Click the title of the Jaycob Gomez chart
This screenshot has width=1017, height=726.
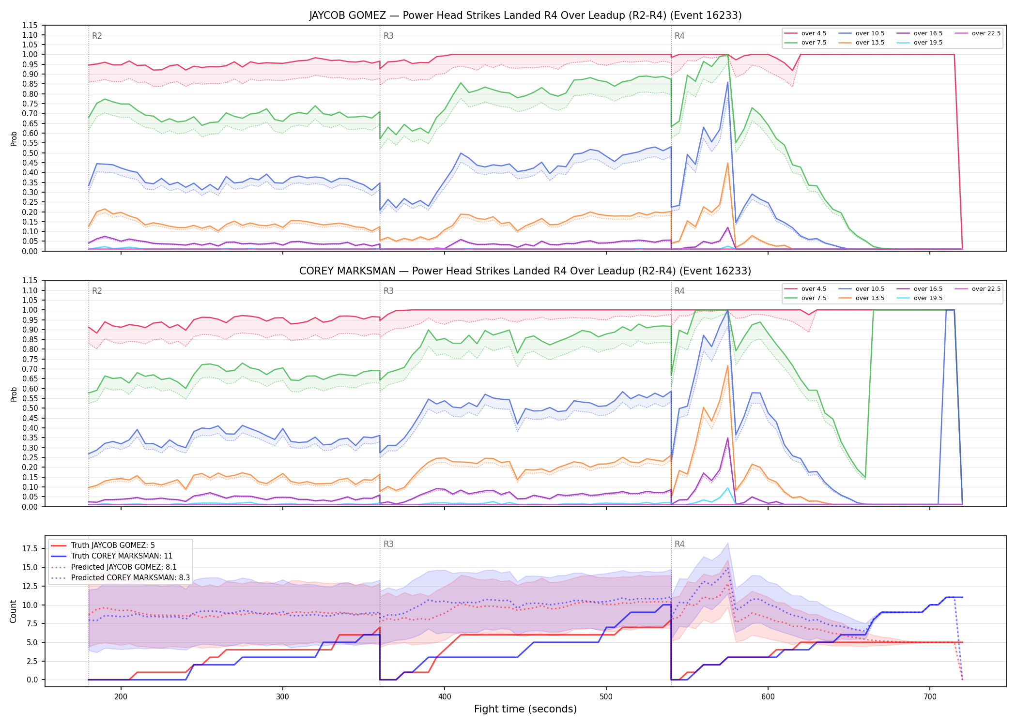(x=525, y=15)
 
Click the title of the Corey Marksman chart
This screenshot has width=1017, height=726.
(x=525, y=271)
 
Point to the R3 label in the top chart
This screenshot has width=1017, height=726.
(x=388, y=36)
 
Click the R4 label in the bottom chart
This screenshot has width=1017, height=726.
(x=679, y=544)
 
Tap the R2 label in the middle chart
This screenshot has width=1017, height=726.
(x=97, y=291)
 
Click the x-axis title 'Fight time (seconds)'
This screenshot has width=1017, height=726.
(x=525, y=709)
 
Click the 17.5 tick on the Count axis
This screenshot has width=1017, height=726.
(x=30, y=548)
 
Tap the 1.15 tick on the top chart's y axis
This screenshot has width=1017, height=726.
(x=30, y=25)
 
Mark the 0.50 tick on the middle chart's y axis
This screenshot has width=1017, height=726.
(x=30, y=408)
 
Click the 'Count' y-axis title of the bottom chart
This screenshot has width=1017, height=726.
(x=13, y=611)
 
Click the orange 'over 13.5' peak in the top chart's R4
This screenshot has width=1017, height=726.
(x=727, y=163)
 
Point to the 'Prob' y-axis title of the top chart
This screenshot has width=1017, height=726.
(x=14, y=138)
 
